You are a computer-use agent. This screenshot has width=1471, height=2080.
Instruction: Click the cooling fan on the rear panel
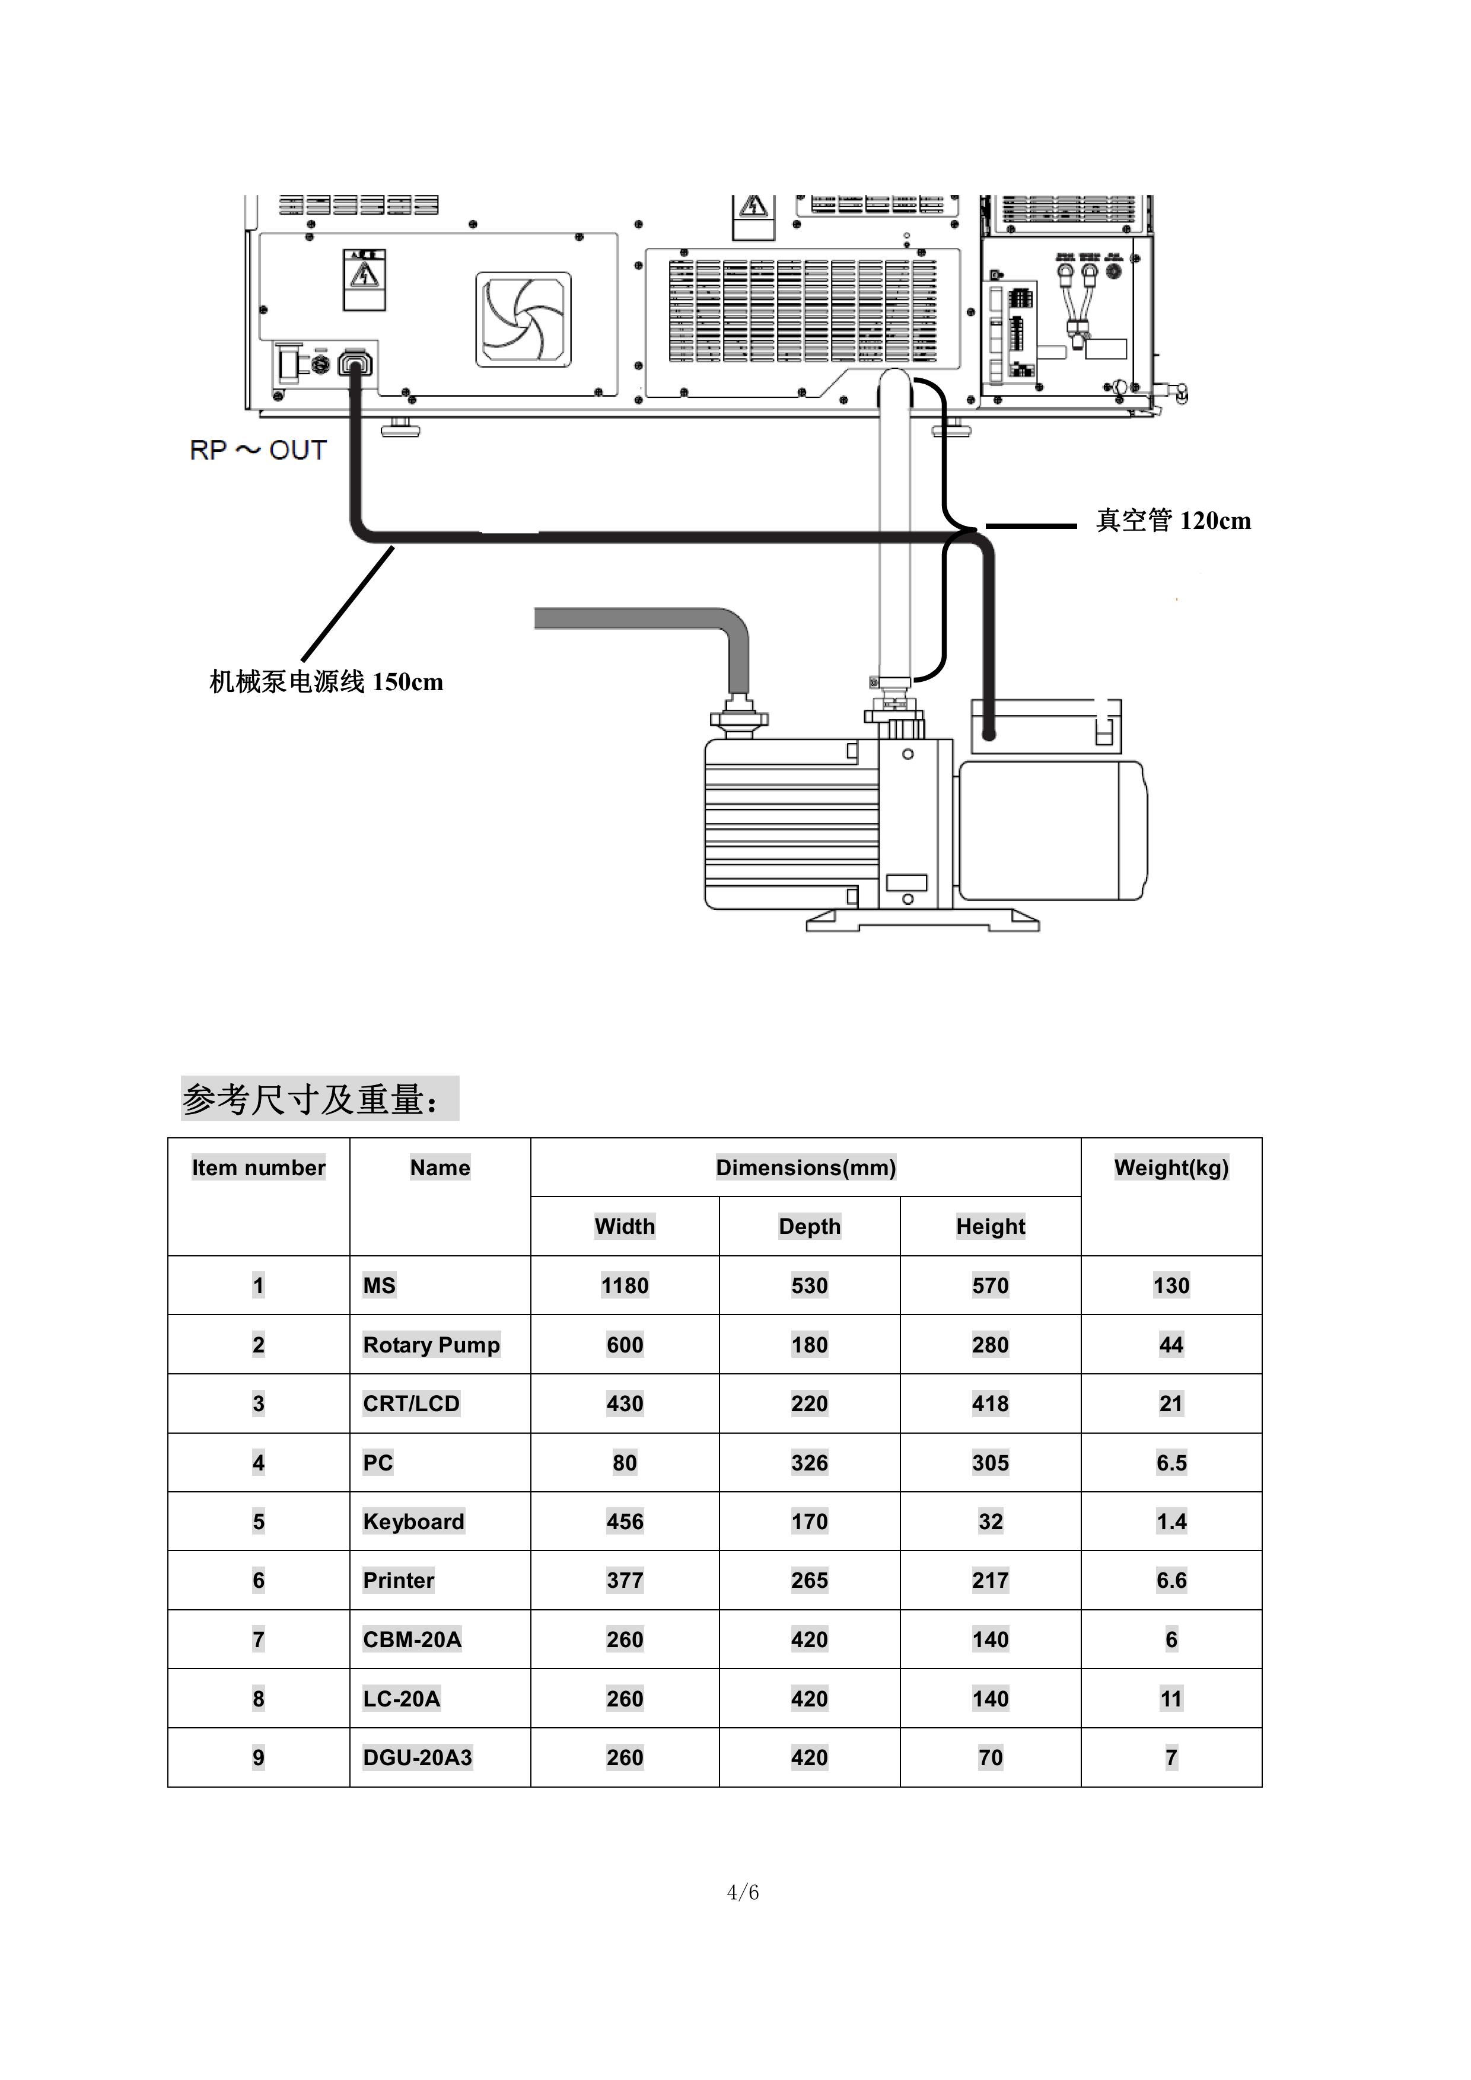tap(524, 320)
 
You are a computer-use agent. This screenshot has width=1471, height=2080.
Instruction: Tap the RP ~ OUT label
tap(258, 450)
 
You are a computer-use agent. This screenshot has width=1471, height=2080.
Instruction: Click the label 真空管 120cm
tap(1174, 521)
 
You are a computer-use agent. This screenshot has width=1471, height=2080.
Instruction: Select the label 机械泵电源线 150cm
tap(326, 682)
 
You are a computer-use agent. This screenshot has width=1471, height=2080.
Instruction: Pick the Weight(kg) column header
tap(1171, 1167)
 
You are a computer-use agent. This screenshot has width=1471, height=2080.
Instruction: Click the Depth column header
tap(810, 1227)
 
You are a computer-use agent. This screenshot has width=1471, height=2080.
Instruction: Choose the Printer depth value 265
tap(810, 1581)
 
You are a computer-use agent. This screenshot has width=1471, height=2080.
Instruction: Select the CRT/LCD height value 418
tap(991, 1404)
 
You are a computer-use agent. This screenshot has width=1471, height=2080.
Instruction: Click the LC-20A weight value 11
tap(1171, 1699)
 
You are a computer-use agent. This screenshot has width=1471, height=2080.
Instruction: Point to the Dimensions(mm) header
tap(805, 1167)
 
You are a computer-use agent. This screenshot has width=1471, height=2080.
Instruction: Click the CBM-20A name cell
tap(412, 1639)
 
